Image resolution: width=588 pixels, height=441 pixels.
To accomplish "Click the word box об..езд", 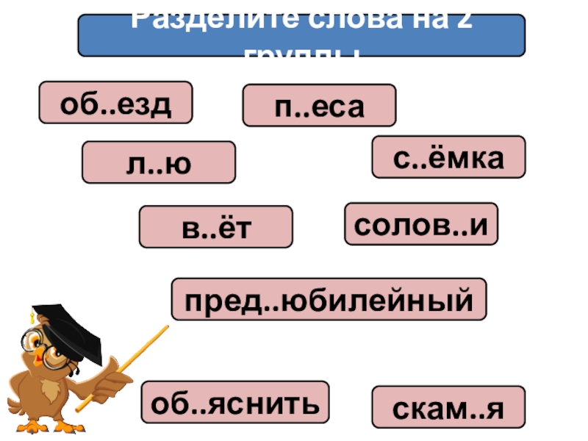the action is point(116,102).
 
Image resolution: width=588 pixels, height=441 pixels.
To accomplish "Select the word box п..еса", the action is point(319,105).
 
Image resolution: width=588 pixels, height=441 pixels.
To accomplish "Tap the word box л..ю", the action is point(159,162).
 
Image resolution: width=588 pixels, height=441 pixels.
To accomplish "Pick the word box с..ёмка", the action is point(448,157).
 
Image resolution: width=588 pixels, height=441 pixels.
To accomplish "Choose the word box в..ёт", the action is point(216,226).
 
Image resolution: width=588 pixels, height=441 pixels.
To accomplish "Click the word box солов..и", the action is point(421,223).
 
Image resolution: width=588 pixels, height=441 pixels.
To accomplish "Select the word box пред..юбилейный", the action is point(329,299).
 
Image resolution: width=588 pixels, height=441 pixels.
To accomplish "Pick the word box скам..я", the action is point(448,406).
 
